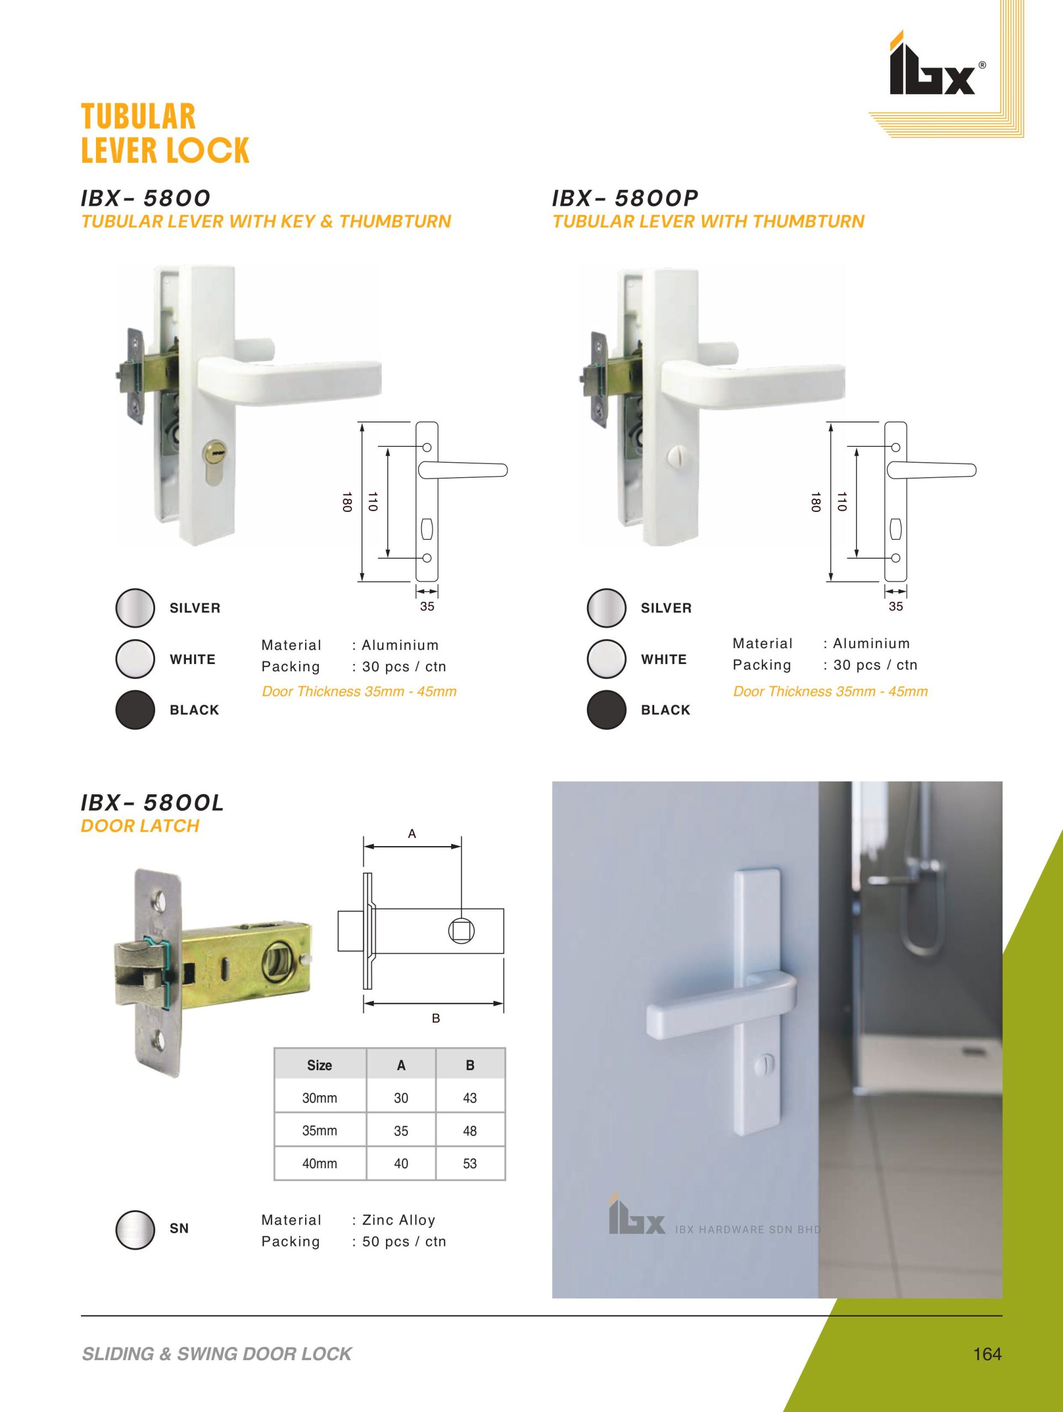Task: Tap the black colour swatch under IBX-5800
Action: click(x=135, y=710)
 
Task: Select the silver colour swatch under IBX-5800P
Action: click(x=606, y=608)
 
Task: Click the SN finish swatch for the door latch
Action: click(x=135, y=1229)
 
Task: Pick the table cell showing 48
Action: click(x=470, y=1131)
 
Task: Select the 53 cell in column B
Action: click(x=470, y=1163)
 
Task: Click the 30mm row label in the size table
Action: click(x=320, y=1098)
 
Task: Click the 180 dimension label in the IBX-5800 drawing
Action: click(x=346, y=502)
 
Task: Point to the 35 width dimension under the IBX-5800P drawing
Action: click(x=896, y=606)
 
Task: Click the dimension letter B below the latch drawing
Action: click(x=436, y=1018)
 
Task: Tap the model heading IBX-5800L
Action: click(x=153, y=803)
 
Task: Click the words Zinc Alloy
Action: click(x=398, y=1221)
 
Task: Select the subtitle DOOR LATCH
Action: click(x=140, y=826)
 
